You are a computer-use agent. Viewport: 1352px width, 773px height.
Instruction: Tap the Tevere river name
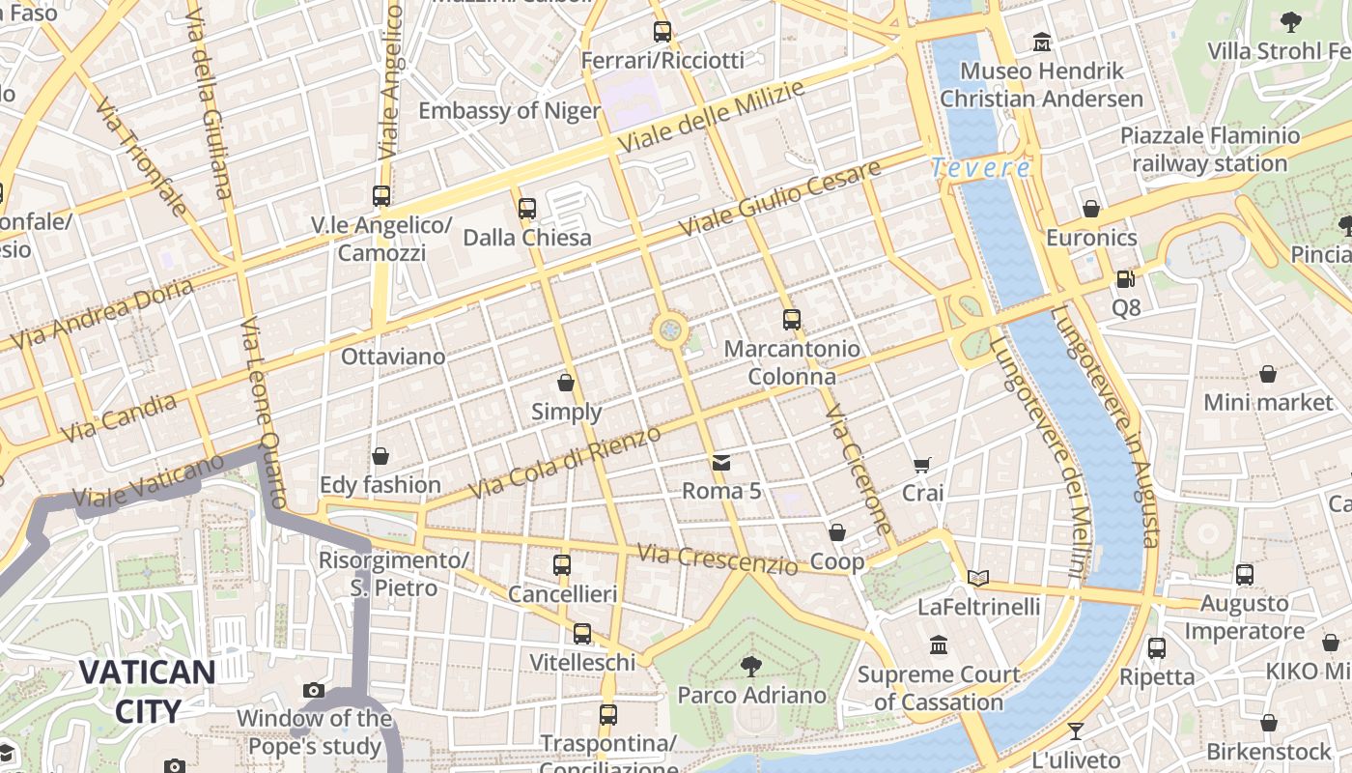click(981, 168)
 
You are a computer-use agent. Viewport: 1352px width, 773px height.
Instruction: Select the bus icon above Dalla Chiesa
click(526, 208)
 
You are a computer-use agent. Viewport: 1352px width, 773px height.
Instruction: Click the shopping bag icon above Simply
click(566, 383)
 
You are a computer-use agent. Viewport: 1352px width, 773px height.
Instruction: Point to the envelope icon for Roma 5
click(721, 463)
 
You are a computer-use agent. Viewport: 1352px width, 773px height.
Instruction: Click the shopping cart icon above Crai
click(922, 465)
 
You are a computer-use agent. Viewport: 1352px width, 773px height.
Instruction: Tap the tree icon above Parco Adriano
click(750, 666)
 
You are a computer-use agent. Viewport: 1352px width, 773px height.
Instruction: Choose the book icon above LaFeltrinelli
click(978, 578)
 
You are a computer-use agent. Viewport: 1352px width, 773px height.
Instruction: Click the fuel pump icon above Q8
click(1125, 279)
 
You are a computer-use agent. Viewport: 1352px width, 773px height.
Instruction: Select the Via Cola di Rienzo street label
click(566, 463)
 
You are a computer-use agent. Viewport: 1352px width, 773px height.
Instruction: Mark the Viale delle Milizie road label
click(711, 118)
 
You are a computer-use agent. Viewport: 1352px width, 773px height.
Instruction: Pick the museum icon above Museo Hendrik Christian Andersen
click(1042, 42)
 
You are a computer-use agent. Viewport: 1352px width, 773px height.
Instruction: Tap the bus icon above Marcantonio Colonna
click(792, 319)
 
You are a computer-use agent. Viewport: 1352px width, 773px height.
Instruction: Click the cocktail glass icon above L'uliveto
click(1076, 730)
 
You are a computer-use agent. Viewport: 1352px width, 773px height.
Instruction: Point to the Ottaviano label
click(393, 357)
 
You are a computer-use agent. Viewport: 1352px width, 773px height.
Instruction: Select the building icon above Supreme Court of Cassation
click(939, 644)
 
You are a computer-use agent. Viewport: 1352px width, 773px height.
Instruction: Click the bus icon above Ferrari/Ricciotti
click(662, 31)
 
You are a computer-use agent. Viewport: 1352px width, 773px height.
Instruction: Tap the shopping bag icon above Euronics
click(1091, 209)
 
